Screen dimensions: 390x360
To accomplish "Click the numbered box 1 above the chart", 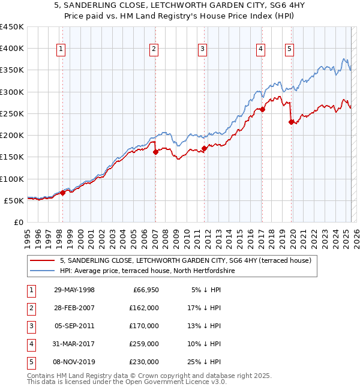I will [62, 49].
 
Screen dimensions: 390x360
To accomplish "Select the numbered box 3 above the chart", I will [203, 49].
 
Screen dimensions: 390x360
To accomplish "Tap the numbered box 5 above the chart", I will [290, 49].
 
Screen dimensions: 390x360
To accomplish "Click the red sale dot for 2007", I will [155, 152].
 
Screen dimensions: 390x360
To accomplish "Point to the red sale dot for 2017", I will [262, 110].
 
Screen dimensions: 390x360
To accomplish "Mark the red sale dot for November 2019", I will [291, 122].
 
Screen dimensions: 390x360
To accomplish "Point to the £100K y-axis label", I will [12, 179].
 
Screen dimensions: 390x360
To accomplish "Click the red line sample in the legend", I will [43, 261].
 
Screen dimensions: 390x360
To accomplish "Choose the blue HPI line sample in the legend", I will [43, 271].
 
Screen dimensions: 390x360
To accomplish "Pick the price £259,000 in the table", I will [143, 344].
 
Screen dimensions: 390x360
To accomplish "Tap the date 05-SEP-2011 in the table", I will [74, 326].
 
